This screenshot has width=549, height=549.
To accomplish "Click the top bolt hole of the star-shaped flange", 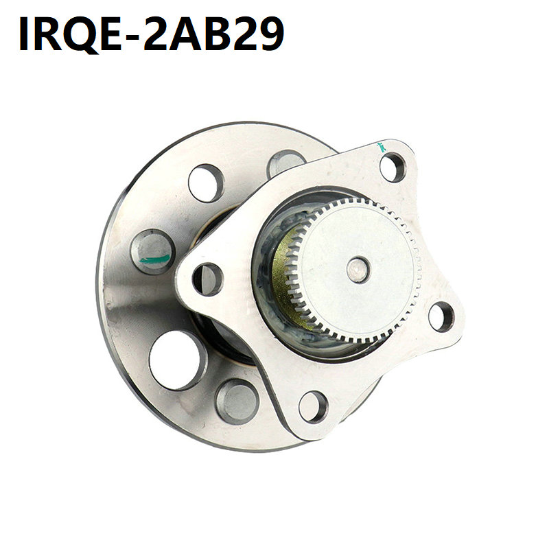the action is (x=393, y=167).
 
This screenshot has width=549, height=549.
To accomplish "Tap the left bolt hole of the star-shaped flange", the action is (x=208, y=279).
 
